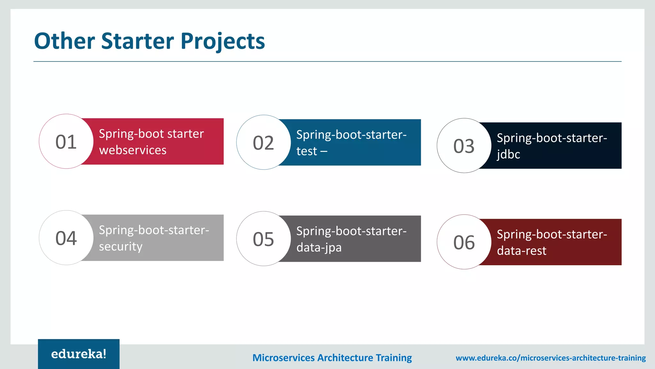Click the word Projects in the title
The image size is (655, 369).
pos(223,42)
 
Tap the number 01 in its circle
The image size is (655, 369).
pos(66,142)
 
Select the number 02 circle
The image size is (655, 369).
pos(263,143)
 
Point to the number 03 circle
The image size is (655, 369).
pos(464,146)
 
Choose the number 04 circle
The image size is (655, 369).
pos(66,238)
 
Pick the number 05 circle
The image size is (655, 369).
pos(263,239)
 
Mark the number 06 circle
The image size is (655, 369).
pos(464,242)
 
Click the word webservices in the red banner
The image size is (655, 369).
pos(133,150)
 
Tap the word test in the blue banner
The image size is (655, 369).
pos(306,151)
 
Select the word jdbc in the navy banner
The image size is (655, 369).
pos(508,154)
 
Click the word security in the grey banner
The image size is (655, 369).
pos(121,246)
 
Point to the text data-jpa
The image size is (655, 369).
pos(319,247)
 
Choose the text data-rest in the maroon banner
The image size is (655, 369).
pos(521,251)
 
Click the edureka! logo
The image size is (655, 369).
pos(79,354)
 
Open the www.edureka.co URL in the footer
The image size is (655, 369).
pos(550,358)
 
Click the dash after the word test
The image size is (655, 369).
pos(324,151)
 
